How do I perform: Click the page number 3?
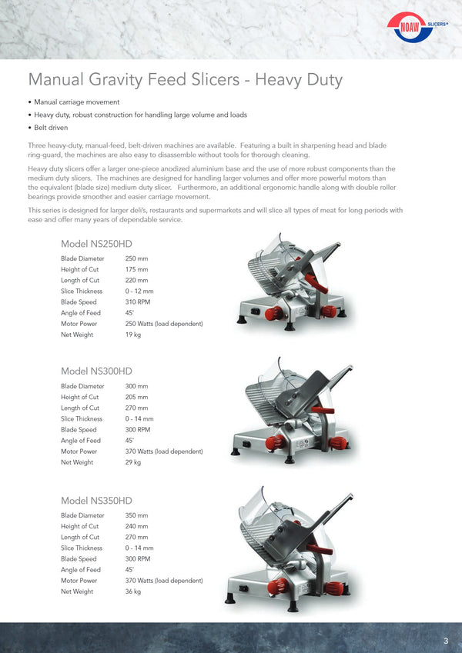tap(446, 641)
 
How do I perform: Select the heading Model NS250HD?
tap(96, 245)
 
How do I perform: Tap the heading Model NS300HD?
tap(96, 371)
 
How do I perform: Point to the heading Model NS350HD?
tap(96, 501)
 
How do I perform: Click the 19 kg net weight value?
tap(132, 335)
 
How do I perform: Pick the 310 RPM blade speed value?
tap(137, 302)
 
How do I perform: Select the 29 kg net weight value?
tap(132, 462)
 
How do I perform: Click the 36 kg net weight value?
tap(132, 591)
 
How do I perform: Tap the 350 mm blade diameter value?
tap(136, 515)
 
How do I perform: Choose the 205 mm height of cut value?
tap(136, 397)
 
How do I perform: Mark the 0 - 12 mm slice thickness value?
tap(139, 292)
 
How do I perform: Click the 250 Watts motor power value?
tap(163, 324)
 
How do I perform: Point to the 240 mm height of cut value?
tap(136, 526)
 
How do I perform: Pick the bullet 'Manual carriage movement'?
tap(76, 102)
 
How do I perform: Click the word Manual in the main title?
tap(54, 80)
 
